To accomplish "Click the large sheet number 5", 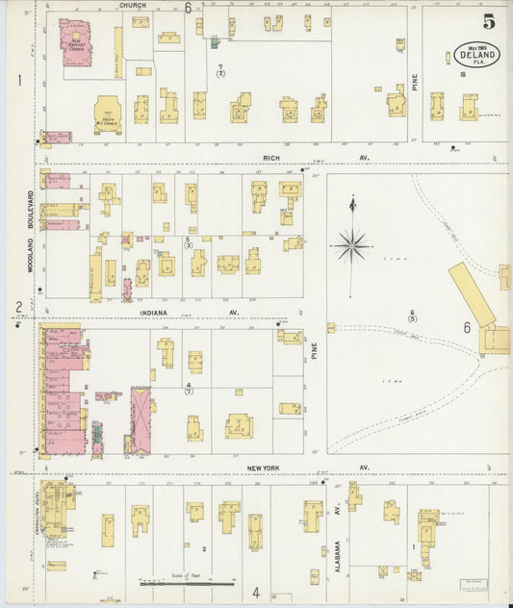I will coord(489,17).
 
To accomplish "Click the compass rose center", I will coord(352,245).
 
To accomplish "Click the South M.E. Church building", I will coord(108,114).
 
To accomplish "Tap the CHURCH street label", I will coord(133,6).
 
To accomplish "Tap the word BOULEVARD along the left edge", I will coord(31,209).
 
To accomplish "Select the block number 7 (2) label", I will coord(220,69).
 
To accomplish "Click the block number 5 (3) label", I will coord(189,241).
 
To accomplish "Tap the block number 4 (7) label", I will coord(189,388).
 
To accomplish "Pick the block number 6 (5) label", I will coord(412,315).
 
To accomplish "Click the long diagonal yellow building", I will coord(471,294).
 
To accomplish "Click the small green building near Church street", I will coord(214,42).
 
